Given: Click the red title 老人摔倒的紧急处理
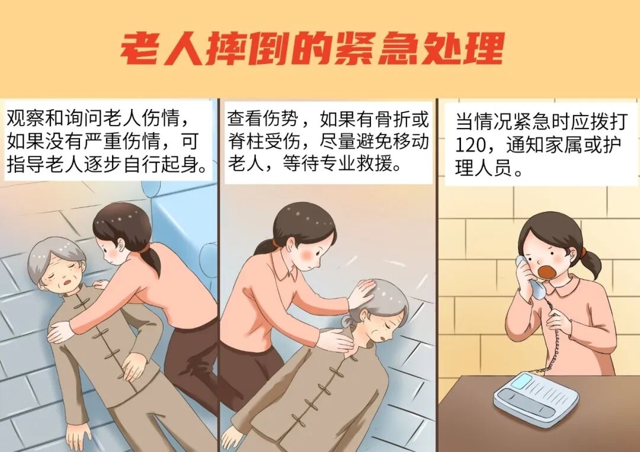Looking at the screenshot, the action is pos(312,49).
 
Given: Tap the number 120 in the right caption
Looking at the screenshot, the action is pos(473,145).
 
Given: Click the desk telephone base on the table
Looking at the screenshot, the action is pos(536,397).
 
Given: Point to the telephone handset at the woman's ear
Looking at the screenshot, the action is pos(529,277).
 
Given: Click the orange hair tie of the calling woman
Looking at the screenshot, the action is pos(583,252).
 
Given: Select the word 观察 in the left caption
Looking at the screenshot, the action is pos(25,118).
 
